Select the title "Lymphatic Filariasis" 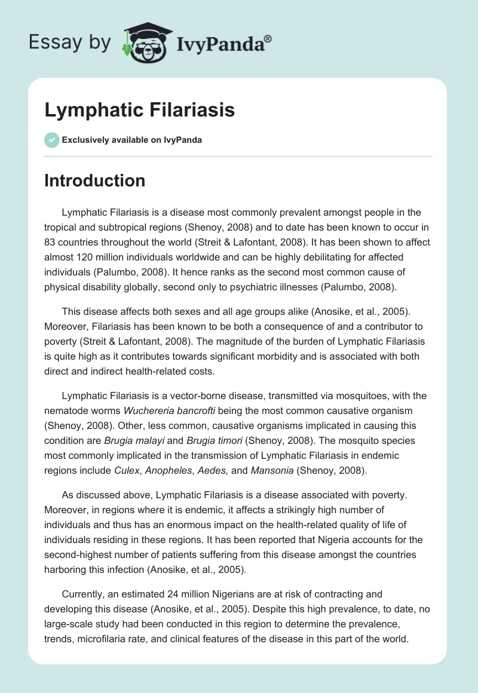pyautogui.click(x=139, y=110)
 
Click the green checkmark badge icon pyautogui.click(x=51, y=140)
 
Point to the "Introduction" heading pyautogui.click(x=94, y=180)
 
